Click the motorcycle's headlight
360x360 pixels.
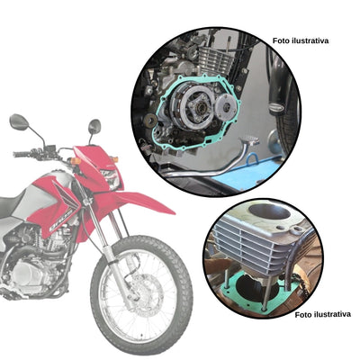point(111,175)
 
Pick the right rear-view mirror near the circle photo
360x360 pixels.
point(94,126)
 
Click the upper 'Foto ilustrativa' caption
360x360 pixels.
point(301,40)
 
